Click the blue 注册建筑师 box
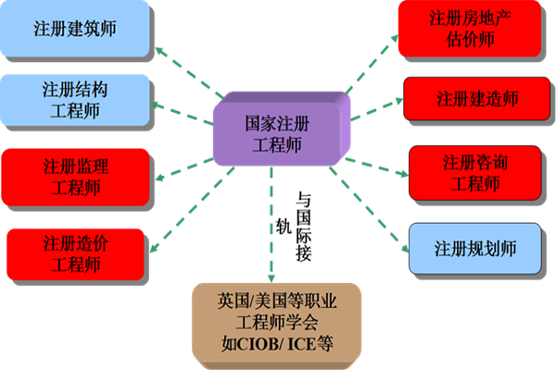pos(75,30)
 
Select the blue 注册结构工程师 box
pos(75,100)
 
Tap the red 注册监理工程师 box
pos(75,177)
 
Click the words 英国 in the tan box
pos(232,301)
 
